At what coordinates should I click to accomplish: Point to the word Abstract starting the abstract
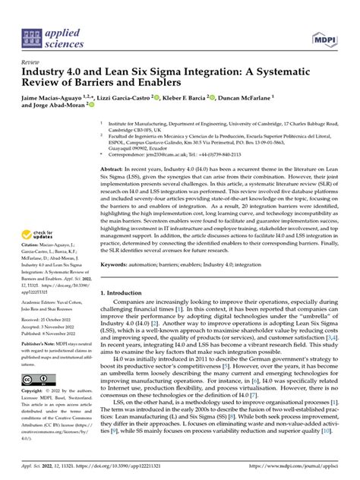pos(112,168)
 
